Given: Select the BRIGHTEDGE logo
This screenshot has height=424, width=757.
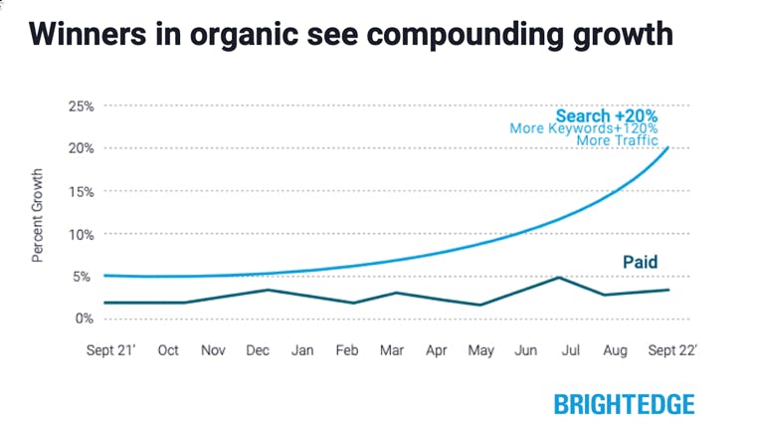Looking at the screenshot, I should (x=624, y=403).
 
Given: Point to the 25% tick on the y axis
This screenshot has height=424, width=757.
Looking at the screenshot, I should (x=81, y=106).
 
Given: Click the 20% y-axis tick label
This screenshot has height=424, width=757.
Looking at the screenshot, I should (x=81, y=148).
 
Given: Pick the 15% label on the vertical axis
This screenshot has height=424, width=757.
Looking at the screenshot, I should (x=81, y=191).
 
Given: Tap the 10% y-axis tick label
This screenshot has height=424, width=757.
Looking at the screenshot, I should (x=81, y=234).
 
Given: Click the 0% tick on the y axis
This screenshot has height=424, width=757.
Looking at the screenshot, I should (x=84, y=318).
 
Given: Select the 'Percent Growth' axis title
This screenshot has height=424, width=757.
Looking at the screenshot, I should (x=38, y=214).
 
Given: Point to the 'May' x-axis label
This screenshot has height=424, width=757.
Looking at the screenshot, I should (x=481, y=351).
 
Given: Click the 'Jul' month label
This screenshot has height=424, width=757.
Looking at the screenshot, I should (x=571, y=351).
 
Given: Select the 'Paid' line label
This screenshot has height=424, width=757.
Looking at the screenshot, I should (x=640, y=263).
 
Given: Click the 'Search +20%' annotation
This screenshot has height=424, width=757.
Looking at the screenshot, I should (x=606, y=115).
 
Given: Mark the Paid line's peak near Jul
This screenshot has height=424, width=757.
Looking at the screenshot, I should (x=560, y=278).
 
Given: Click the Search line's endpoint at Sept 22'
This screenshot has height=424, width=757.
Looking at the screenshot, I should (x=667, y=148).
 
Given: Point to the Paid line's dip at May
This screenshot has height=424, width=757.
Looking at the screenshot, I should (x=480, y=305).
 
